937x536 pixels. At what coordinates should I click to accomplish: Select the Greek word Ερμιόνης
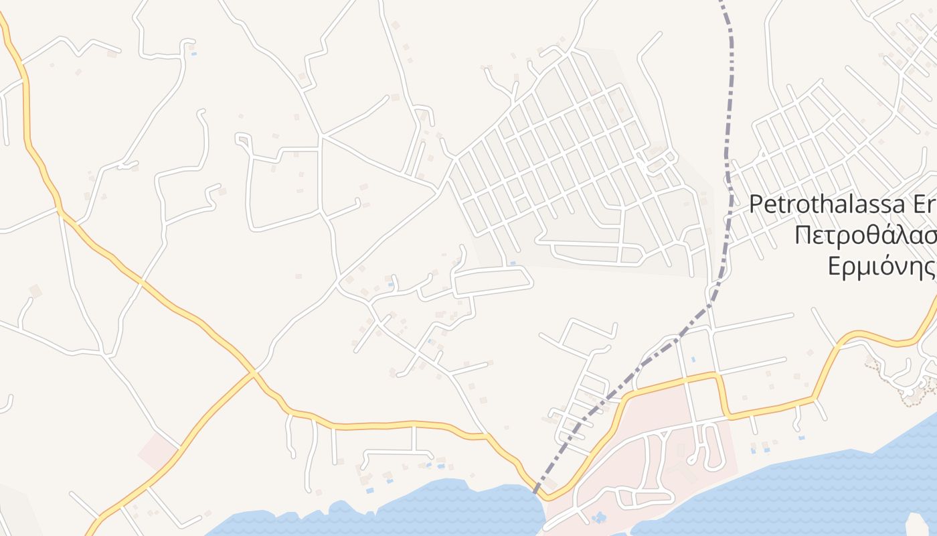click(x=881, y=267)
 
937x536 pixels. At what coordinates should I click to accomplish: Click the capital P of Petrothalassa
click(x=756, y=204)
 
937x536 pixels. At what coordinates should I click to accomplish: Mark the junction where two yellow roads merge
click(x=254, y=373)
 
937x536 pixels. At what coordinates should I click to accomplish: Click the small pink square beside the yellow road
click(x=158, y=451)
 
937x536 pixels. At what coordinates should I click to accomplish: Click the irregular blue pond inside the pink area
click(x=598, y=517)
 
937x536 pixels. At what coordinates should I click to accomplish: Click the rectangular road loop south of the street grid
click(x=493, y=281)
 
